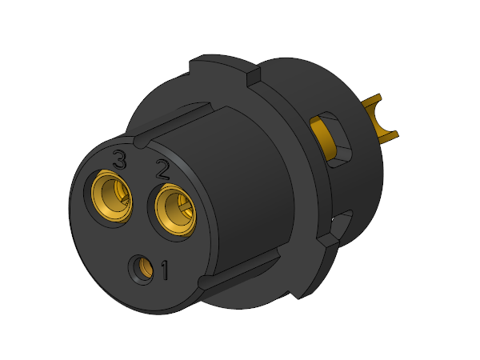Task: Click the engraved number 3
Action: click(x=119, y=159)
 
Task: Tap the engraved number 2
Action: click(x=162, y=169)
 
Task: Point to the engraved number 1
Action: click(x=165, y=270)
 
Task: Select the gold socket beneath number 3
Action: click(x=112, y=197)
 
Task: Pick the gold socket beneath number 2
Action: click(x=175, y=210)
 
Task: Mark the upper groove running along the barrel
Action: click(x=171, y=125)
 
